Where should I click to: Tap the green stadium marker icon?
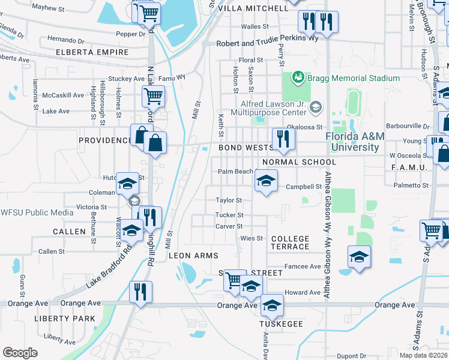[297, 78]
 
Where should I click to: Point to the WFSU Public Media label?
[37, 212]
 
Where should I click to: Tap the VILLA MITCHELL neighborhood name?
[253, 9]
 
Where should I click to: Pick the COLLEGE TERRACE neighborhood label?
[290, 242]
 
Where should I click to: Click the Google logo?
[20, 352]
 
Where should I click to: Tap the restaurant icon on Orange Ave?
[140, 292]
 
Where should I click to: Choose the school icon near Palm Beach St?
[266, 179]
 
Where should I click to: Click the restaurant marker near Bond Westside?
[282, 139]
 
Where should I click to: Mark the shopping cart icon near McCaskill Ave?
[153, 95]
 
